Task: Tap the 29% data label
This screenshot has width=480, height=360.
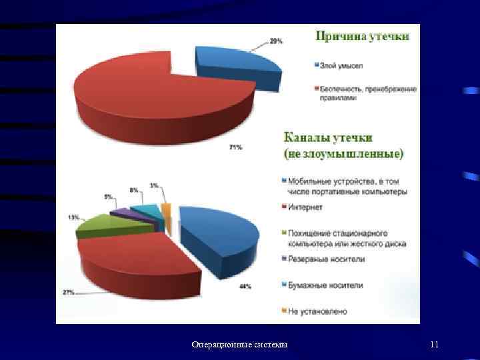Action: pyautogui.click(x=275, y=41)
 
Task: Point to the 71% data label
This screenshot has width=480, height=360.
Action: pyautogui.click(x=235, y=147)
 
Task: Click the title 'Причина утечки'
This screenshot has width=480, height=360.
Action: pyautogui.click(x=363, y=36)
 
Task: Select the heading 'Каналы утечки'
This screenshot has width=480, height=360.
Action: pyautogui.click(x=329, y=138)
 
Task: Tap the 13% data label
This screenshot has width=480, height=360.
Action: pyautogui.click(x=73, y=217)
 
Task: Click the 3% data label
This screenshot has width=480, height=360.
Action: pyautogui.click(x=154, y=186)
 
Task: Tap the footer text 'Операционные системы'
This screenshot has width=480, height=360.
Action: pyautogui.click(x=239, y=345)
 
